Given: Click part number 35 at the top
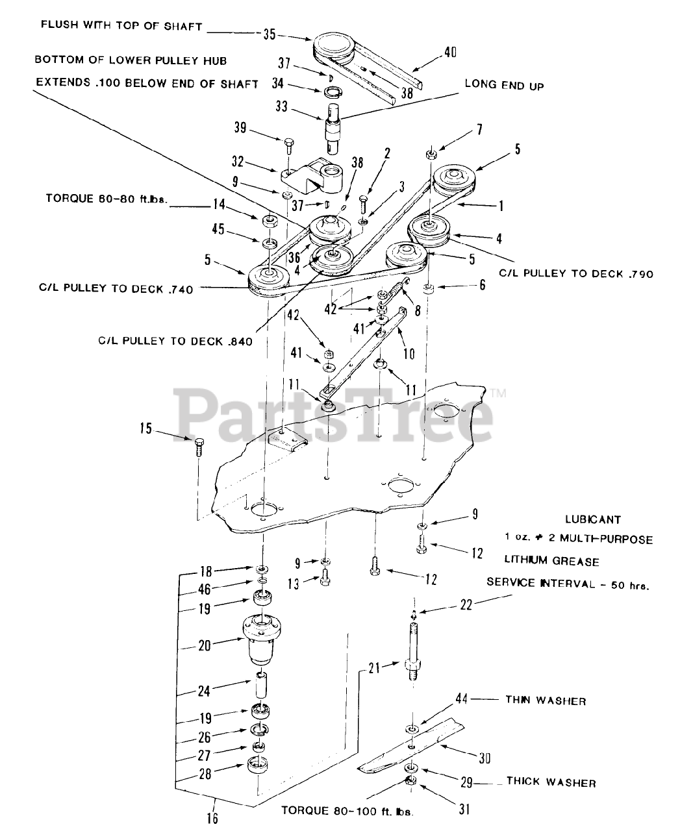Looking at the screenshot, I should pyautogui.click(x=270, y=34).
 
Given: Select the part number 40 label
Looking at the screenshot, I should pyautogui.click(x=449, y=53).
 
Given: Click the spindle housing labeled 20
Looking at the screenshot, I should pyautogui.click(x=263, y=639).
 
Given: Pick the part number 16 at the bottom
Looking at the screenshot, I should pyautogui.click(x=212, y=817).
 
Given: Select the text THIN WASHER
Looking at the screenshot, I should pyautogui.click(x=546, y=701).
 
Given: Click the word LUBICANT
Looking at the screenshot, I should pyautogui.click(x=592, y=519).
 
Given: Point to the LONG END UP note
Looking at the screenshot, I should pyautogui.click(x=504, y=85).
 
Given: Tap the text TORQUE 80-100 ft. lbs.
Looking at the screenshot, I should pyautogui.click(x=347, y=810).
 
